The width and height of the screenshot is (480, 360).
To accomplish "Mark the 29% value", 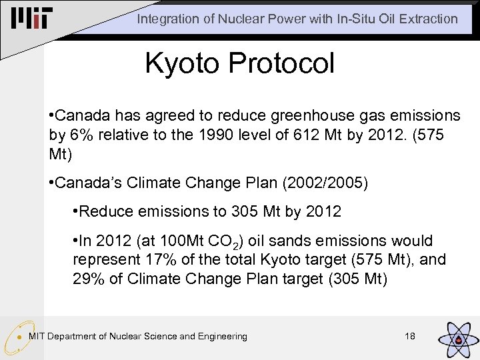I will (88, 278).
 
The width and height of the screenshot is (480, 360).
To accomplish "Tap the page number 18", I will (410, 336).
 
